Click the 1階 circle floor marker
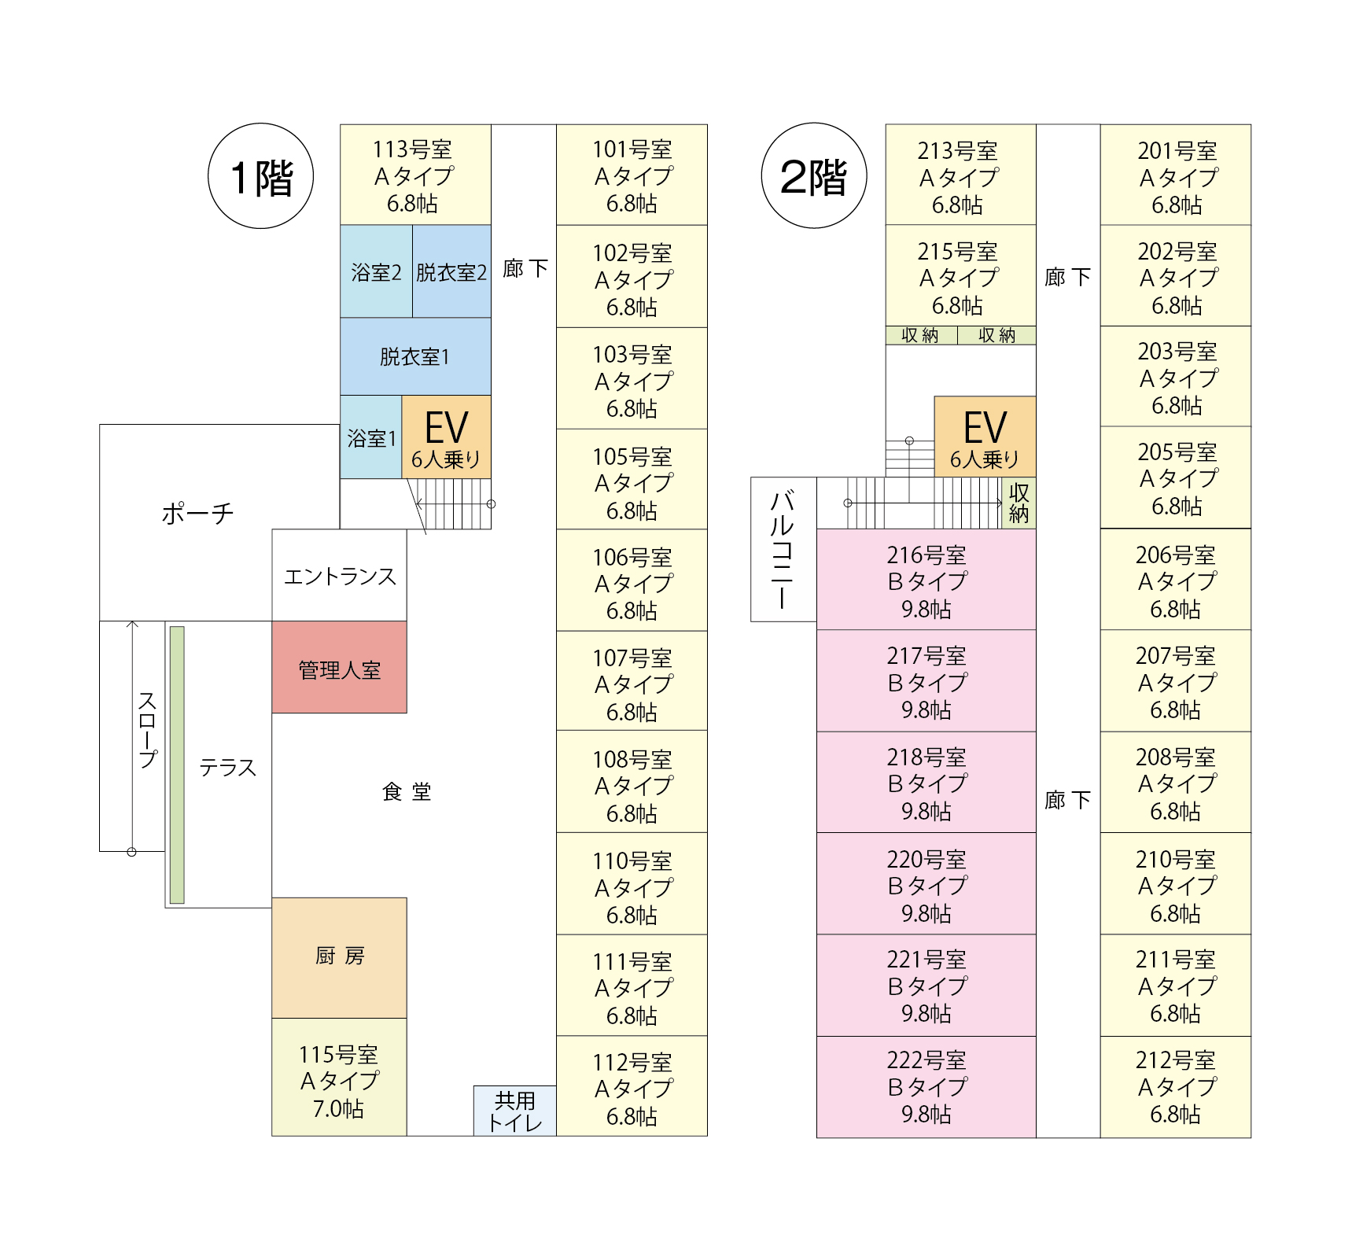(x=260, y=176)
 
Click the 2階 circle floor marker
(x=813, y=176)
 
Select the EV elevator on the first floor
(x=446, y=437)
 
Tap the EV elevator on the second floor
(x=984, y=437)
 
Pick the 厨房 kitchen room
(x=339, y=957)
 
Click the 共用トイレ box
(x=514, y=1111)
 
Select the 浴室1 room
(x=371, y=437)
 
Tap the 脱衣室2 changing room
(x=451, y=271)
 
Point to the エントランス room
(x=339, y=576)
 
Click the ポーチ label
(x=197, y=514)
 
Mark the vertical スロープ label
(x=148, y=730)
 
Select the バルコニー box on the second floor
(x=783, y=549)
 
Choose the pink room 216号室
(x=926, y=580)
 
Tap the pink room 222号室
(x=926, y=1086)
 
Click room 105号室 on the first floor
(x=632, y=480)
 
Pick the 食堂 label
(x=406, y=791)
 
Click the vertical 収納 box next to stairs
(x=1019, y=503)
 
